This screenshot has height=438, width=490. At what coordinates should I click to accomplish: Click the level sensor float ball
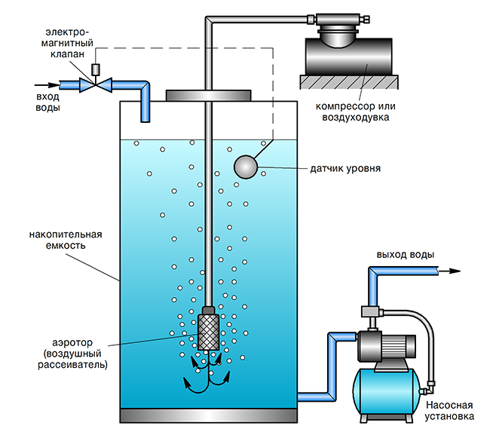pos(246,167)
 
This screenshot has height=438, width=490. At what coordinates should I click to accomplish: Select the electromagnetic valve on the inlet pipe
pos(96,85)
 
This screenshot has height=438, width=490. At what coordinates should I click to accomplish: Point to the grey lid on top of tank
pos(207,96)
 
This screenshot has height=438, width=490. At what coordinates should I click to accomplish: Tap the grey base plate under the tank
pos(207,415)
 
